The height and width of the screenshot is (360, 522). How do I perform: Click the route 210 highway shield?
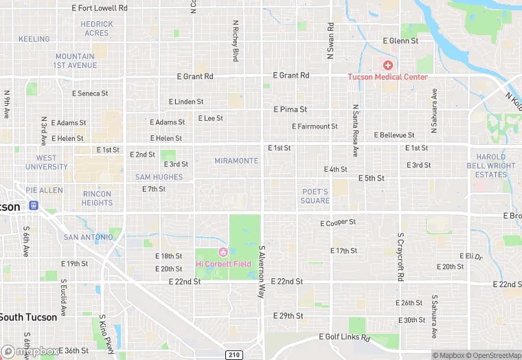click(234, 354)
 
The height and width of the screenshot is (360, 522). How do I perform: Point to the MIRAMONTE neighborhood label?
click(237, 161)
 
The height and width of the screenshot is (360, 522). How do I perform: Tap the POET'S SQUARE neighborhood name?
click(315, 196)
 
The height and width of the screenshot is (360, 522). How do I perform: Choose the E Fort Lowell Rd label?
click(100, 8)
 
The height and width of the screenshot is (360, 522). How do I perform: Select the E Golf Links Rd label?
click(345, 337)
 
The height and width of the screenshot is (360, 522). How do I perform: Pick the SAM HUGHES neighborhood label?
click(159, 177)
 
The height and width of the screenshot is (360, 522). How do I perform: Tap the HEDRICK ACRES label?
click(97, 28)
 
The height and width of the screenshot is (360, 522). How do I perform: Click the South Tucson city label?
click(27, 317)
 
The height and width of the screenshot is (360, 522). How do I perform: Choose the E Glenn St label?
click(399, 41)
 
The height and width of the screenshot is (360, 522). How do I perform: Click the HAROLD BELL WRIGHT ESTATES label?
click(491, 166)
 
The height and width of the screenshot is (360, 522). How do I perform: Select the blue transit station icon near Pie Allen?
click(32, 205)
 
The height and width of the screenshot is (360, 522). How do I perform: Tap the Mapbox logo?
click(30, 351)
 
